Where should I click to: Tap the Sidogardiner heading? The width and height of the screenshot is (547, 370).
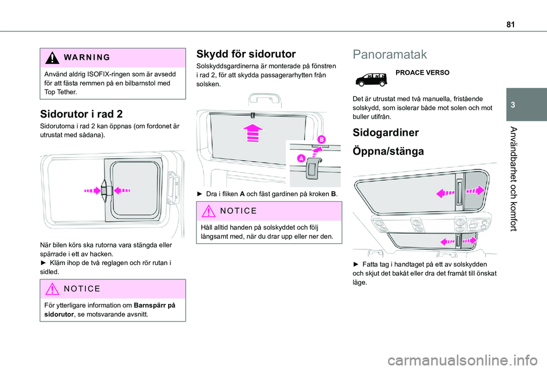(386, 133)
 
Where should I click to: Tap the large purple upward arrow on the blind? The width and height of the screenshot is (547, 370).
(251, 134)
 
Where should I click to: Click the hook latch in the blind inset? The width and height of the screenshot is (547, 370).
(312, 166)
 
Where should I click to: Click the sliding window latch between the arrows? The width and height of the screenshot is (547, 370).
(104, 190)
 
